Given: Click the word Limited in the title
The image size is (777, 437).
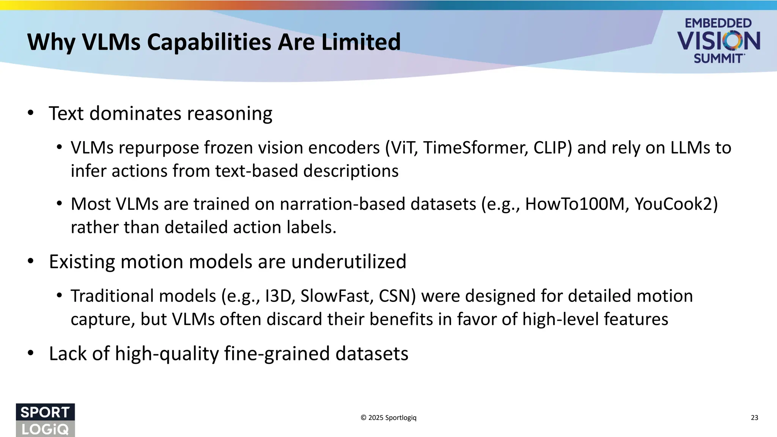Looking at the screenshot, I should pos(361,42).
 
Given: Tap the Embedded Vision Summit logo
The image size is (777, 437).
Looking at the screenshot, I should pos(718,41).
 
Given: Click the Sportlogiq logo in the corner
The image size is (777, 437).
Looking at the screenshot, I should pos(45,420).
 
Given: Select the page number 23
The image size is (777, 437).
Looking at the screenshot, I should pos(754,418).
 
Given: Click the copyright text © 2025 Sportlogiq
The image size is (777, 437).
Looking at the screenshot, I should pos(388,418).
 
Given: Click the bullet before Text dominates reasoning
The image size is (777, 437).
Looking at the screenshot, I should pos(31,113).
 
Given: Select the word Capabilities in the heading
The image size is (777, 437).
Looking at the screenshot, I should pos(209,42).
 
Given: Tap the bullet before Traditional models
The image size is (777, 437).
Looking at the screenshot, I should pos(59,296).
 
